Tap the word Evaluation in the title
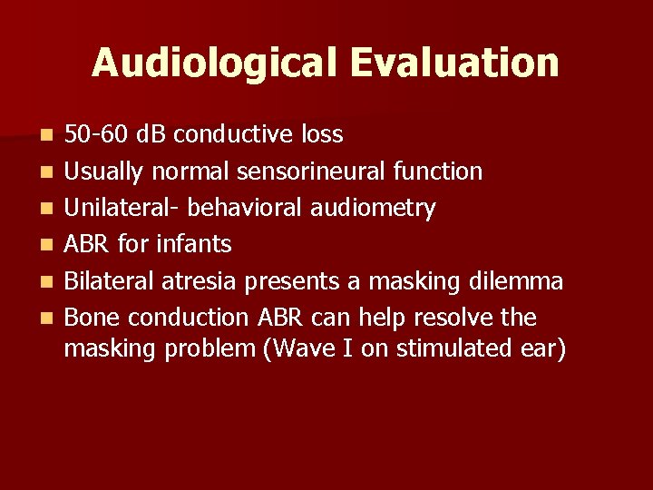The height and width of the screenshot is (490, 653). [453, 63]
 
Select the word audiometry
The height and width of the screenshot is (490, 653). [374, 209]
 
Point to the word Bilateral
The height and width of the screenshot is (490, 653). [110, 281]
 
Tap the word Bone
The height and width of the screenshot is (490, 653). [90, 318]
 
